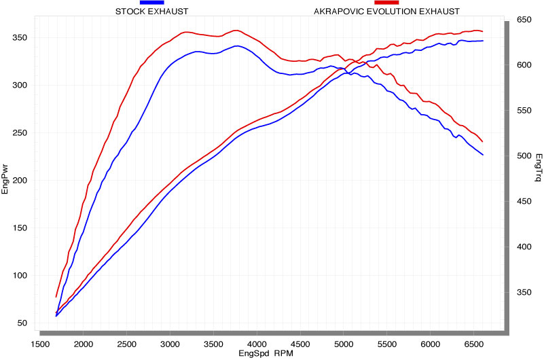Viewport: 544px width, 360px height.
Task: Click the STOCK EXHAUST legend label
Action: (151, 12)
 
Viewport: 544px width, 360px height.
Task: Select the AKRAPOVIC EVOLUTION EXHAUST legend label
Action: (386, 12)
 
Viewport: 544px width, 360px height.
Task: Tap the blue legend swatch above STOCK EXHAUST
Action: (151, 3)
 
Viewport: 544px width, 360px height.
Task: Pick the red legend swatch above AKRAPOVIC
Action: (386, 3)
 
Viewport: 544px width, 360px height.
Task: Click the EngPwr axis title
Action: (5, 179)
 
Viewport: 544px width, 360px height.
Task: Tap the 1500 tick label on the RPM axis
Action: (41, 344)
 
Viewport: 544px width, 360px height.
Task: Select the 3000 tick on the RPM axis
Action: (170, 344)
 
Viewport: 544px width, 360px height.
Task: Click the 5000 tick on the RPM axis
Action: (344, 344)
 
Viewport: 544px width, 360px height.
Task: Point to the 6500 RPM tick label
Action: (473, 344)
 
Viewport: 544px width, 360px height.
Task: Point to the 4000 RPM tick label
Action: (257, 344)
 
